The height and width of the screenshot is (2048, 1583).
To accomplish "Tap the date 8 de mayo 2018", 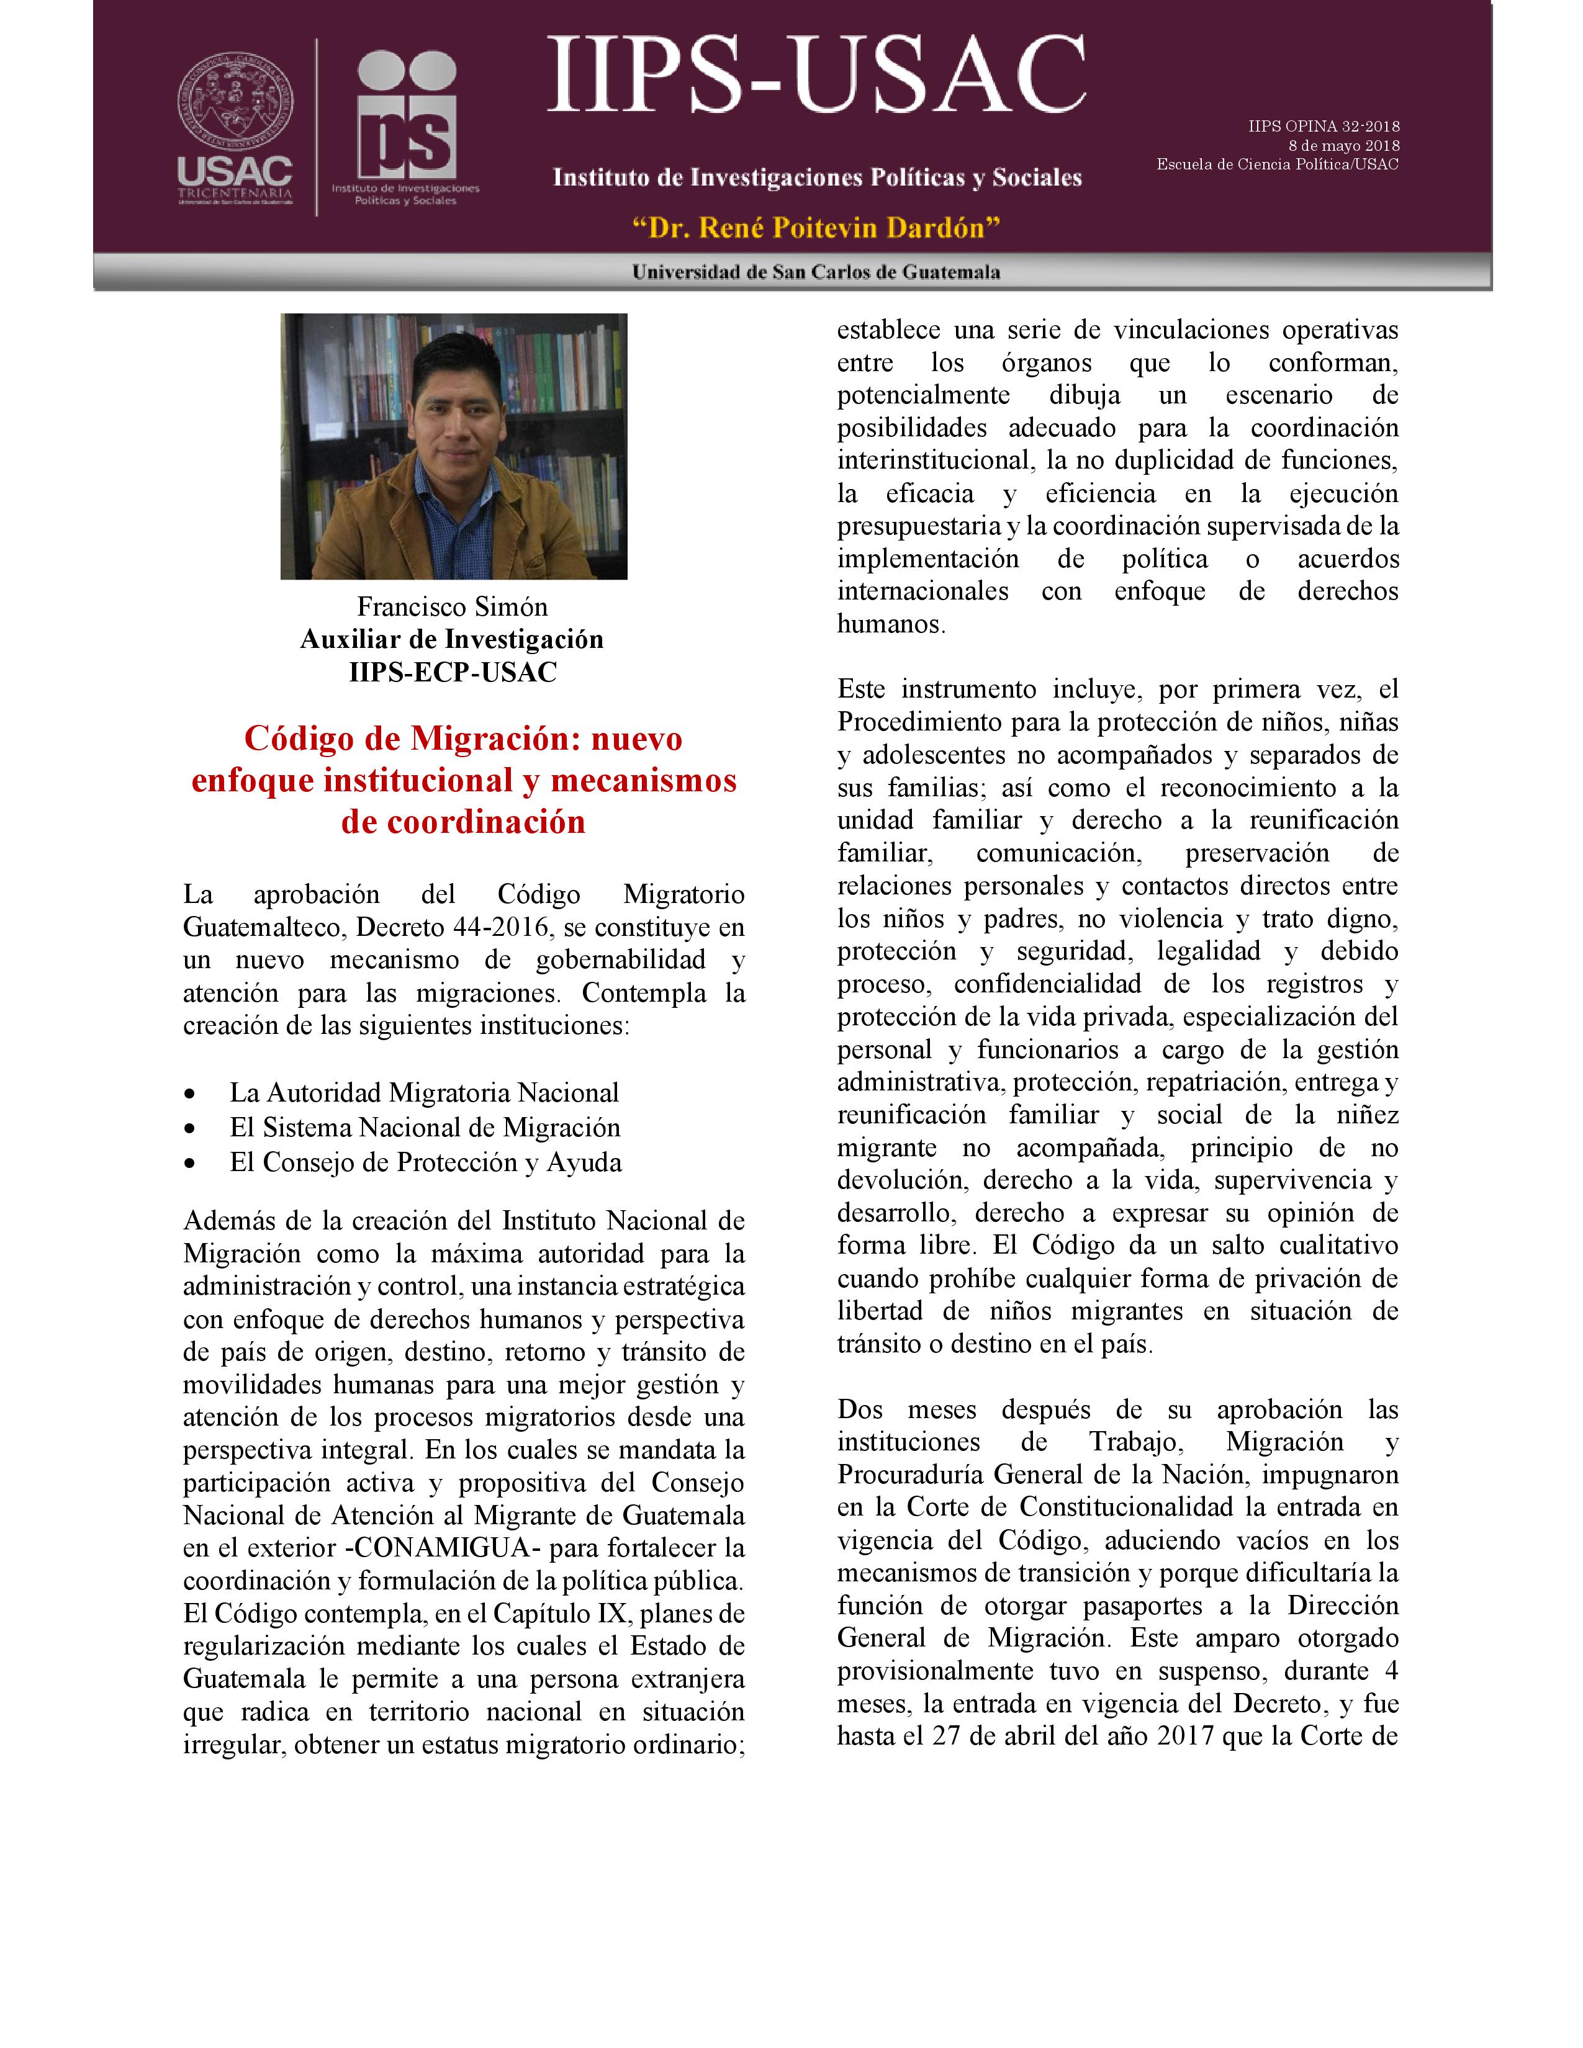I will (x=1344, y=145).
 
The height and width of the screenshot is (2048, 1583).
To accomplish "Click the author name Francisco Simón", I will (x=452, y=607).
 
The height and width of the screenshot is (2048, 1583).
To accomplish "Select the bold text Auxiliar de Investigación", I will (x=452, y=639).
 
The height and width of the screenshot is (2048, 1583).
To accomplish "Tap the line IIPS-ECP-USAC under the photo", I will (x=452, y=672).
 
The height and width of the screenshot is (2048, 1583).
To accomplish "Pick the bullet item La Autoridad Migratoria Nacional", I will (x=424, y=1094).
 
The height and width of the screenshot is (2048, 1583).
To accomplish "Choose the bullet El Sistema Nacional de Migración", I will (x=425, y=1128).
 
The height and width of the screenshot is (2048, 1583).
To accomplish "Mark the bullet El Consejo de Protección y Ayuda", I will (x=425, y=1163).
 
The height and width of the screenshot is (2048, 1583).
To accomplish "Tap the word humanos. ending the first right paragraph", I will (x=891, y=624).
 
